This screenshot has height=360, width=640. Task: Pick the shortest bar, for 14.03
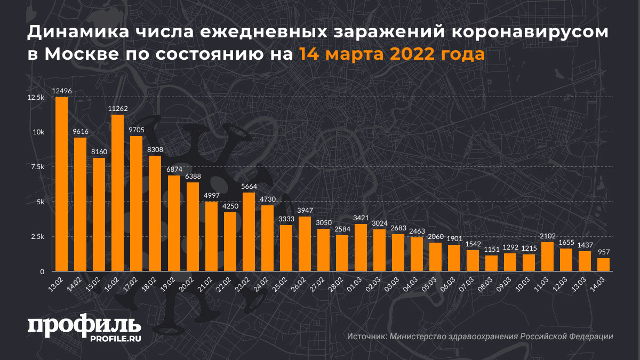pyautogui.click(x=603, y=265)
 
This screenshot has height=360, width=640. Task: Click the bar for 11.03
pyautogui.click(x=547, y=257)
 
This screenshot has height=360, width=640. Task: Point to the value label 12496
pyautogui.click(x=62, y=91)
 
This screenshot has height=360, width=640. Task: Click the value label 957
pyautogui.click(x=603, y=252)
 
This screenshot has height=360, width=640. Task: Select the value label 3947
pyautogui.click(x=305, y=211)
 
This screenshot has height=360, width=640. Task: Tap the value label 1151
pyautogui.click(x=491, y=250)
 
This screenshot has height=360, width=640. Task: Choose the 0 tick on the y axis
pyautogui.click(x=42, y=272)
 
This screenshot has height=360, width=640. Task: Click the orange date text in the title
pyautogui.click(x=391, y=54)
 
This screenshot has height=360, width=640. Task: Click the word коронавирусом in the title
pyautogui.click(x=530, y=33)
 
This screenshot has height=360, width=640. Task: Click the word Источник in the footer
pyautogui.click(x=366, y=337)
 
